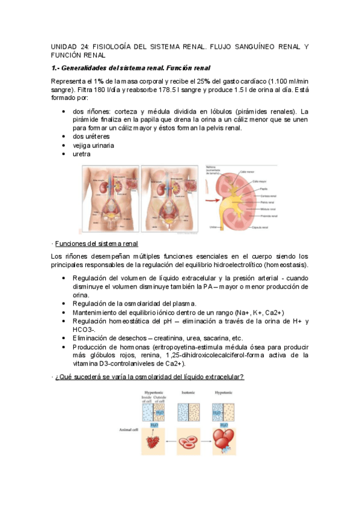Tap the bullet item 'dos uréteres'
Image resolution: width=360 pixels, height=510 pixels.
[x=90, y=137]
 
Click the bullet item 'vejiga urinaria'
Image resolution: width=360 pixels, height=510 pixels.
[x=93, y=146]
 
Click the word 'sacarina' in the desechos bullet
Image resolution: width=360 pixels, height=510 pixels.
[x=213, y=338]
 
